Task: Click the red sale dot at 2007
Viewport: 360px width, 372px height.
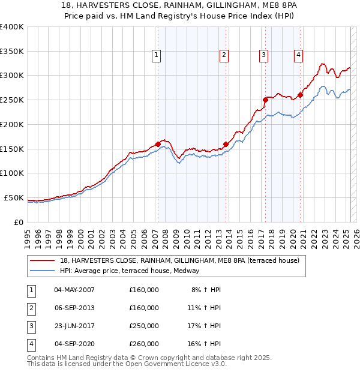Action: coord(158,144)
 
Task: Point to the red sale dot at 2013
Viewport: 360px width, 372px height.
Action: coord(226,144)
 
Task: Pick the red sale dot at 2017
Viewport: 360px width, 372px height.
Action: coord(265,100)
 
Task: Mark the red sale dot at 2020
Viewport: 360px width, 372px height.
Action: coord(300,95)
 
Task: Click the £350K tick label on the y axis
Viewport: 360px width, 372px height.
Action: coord(11,51)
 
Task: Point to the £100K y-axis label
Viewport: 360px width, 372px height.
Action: coord(11,173)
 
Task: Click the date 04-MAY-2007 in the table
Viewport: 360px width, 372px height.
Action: coord(74,290)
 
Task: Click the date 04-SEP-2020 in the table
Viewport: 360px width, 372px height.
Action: coord(74,344)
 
